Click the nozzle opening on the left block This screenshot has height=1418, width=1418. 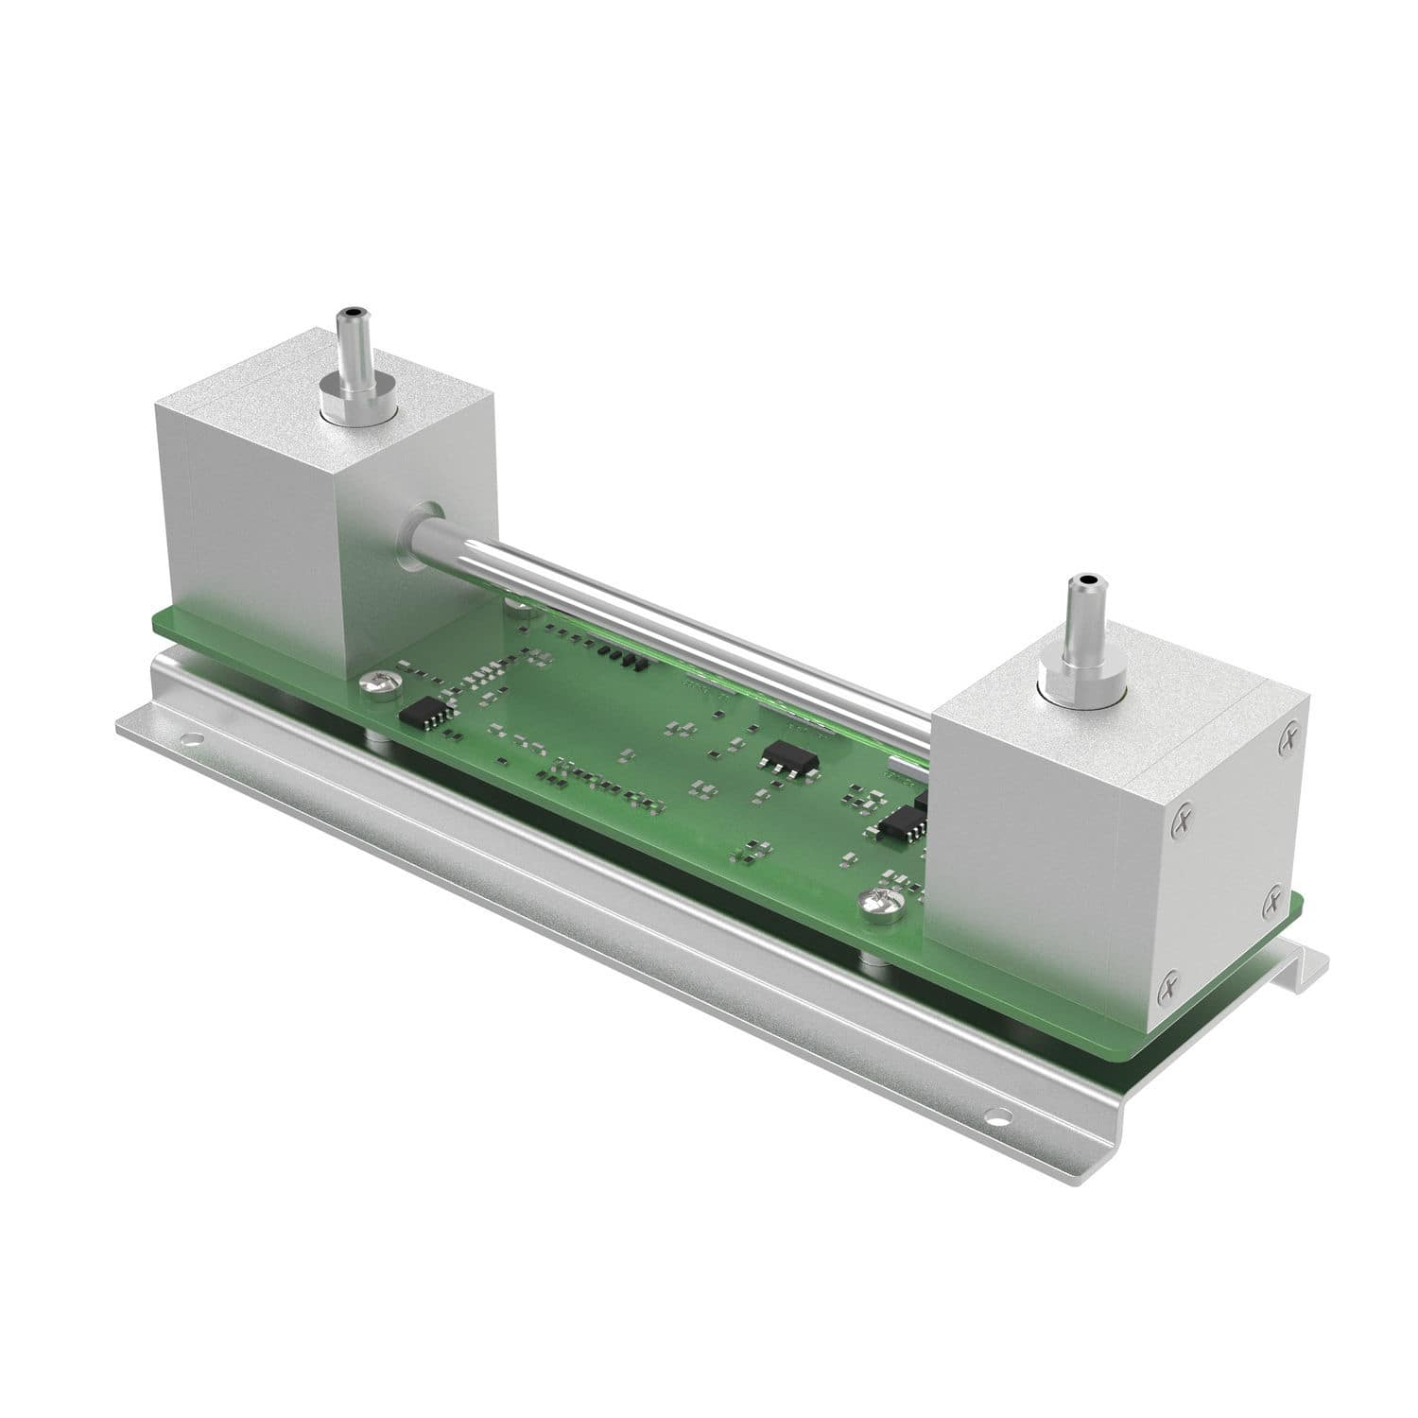click(353, 311)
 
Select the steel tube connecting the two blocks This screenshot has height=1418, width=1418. click(662, 625)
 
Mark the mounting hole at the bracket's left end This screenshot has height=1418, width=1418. click(195, 739)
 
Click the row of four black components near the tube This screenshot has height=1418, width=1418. click(624, 658)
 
